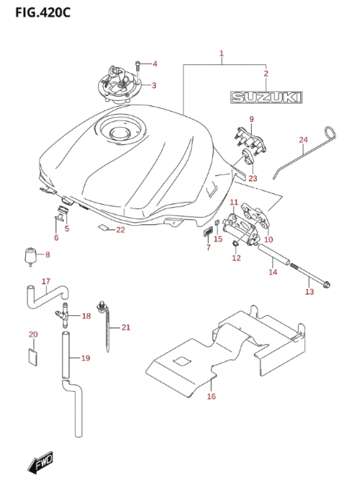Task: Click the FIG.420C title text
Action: pyautogui.click(x=43, y=12)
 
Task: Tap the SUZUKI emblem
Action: pyautogui.click(x=266, y=97)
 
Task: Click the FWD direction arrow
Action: pyautogui.click(x=40, y=463)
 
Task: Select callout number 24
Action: pyautogui.click(x=303, y=139)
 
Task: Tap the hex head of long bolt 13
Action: pyautogui.click(x=326, y=284)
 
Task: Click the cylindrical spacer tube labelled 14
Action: pyautogui.click(x=273, y=254)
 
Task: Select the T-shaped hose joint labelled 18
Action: pyautogui.click(x=63, y=316)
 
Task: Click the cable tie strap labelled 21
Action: pyautogui.click(x=106, y=325)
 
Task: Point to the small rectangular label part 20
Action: pyautogui.click(x=32, y=357)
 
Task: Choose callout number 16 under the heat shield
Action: pyautogui.click(x=211, y=396)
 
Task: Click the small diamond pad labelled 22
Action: pyautogui.click(x=102, y=227)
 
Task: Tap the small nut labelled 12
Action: pyautogui.click(x=235, y=243)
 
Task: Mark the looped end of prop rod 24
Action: pyautogui.click(x=330, y=133)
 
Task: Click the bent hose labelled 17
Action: pyautogui.click(x=46, y=297)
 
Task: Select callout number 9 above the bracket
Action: pyautogui.click(x=252, y=119)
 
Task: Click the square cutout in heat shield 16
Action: pyautogui.click(x=183, y=361)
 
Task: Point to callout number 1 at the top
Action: pyautogui.click(x=221, y=53)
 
